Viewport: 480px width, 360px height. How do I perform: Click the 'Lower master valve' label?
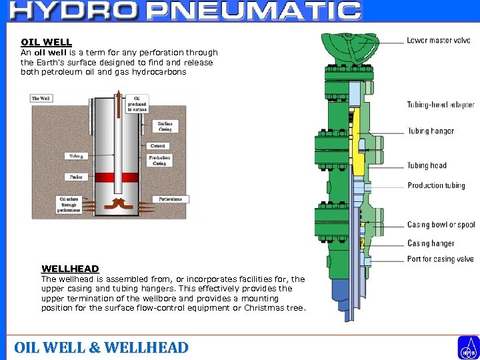(438, 41)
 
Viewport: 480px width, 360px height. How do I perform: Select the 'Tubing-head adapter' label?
(441, 105)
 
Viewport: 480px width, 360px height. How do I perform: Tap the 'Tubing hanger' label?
(431, 131)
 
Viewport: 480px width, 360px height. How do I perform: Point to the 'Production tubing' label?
(436, 185)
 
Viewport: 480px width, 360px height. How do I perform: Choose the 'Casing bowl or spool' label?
(441, 225)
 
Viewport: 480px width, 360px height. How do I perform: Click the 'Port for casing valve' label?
(440, 259)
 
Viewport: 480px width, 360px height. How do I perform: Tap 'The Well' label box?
(41, 99)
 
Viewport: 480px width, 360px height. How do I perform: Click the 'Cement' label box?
(158, 145)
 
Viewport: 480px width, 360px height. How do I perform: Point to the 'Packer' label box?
(75, 177)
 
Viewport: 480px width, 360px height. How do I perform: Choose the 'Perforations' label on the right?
(171, 199)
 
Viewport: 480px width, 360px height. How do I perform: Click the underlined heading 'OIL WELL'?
(46, 42)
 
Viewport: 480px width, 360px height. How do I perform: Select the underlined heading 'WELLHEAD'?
(70, 269)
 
